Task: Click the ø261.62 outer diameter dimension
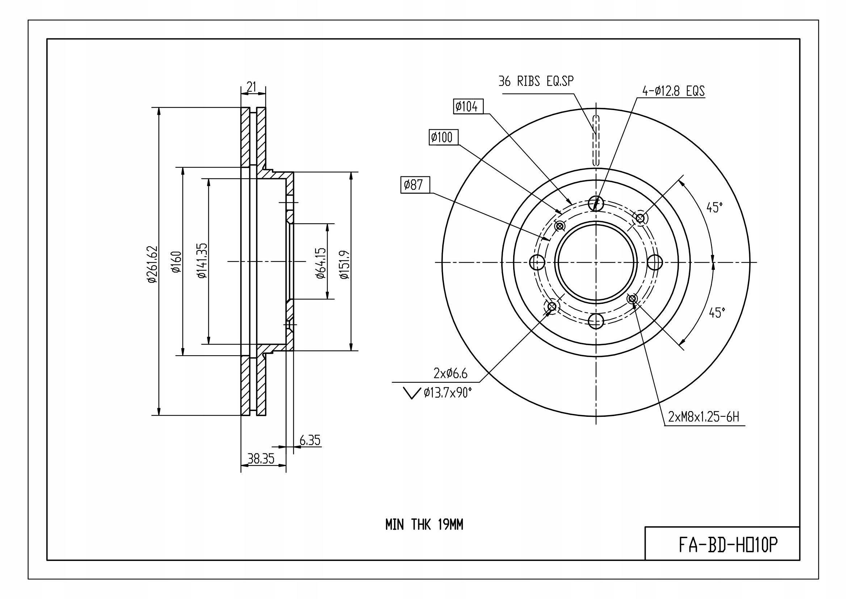152,264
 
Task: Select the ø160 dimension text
176,262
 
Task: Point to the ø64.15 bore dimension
321,263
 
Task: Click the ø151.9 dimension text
344,264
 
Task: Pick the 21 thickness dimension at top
252,87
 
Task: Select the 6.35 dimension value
310,440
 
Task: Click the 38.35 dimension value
261,458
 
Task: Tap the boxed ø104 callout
468,106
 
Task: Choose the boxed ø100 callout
444,137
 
